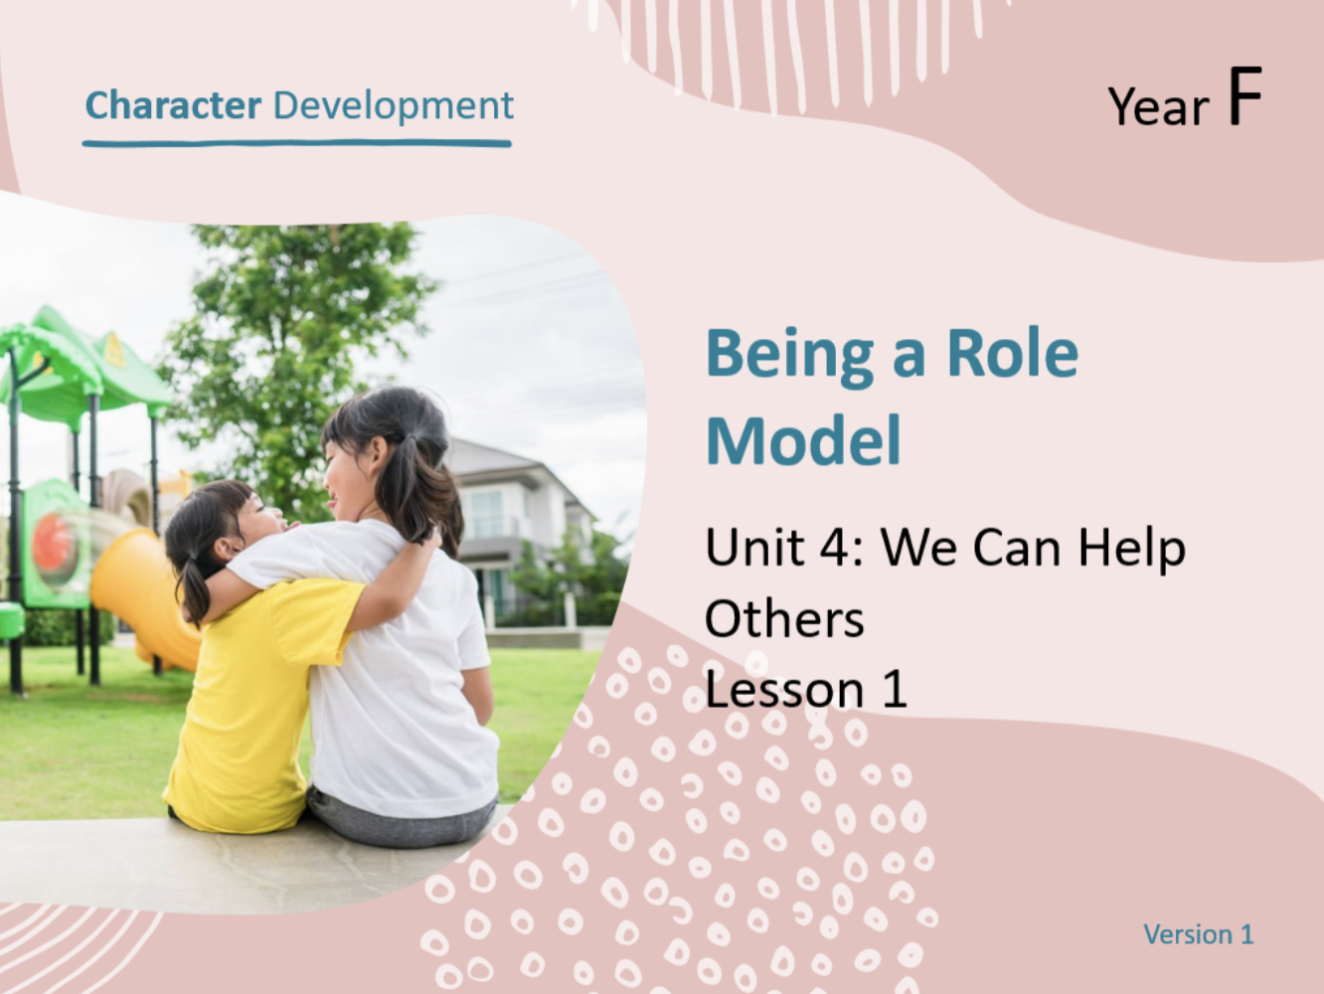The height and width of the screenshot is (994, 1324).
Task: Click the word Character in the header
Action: click(x=174, y=105)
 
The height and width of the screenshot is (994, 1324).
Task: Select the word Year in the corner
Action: click(x=1159, y=106)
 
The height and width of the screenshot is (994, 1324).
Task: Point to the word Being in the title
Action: click(x=789, y=356)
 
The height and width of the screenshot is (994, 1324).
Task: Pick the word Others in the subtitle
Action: click(x=784, y=618)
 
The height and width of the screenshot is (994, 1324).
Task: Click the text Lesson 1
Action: click(x=805, y=689)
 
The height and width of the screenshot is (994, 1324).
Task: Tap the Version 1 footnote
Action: click(x=1198, y=934)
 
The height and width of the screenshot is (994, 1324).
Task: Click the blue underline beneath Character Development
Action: click(x=297, y=143)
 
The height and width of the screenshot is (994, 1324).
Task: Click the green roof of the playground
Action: click(x=79, y=362)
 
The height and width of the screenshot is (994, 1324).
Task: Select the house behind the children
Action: click(x=519, y=531)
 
